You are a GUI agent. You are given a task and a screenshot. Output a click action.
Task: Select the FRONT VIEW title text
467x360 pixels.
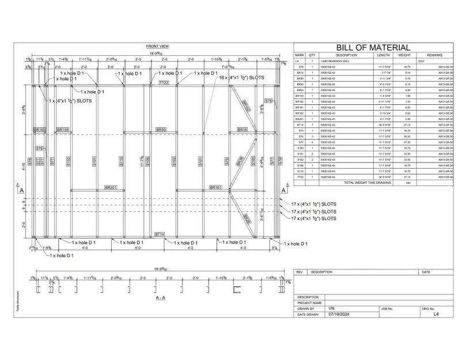(x=157, y=46)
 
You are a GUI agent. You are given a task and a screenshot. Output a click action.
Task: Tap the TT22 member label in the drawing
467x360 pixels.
(x=164, y=83)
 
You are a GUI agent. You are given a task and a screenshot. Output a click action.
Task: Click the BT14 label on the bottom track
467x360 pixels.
(x=160, y=234)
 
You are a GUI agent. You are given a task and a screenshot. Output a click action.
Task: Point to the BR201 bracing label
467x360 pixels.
(x=111, y=188)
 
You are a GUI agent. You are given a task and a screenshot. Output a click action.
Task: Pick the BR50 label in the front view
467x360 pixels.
(x=161, y=130)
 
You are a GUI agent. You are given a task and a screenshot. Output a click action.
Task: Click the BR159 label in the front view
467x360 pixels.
(x=63, y=130)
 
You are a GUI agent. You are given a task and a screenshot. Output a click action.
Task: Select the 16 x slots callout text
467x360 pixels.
(x=241, y=77)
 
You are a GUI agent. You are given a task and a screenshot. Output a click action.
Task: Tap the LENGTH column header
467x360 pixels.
(x=383, y=55)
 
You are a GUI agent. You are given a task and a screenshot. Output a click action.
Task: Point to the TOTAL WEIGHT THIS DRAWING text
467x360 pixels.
(x=367, y=182)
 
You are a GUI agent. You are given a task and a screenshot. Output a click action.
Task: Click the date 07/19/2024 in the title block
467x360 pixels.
(x=339, y=314)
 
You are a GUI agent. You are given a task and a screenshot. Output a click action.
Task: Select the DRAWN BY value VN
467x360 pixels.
(x=331, y=309)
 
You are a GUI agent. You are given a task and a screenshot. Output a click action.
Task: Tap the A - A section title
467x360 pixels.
(x=160, y=297)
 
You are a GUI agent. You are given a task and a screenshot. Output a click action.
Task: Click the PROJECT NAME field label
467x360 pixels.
(x=309, y=303)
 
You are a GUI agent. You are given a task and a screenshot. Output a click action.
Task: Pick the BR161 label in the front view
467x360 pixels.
(x=215, y=188)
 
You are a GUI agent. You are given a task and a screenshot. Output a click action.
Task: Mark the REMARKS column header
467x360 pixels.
(x=434, y=55)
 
